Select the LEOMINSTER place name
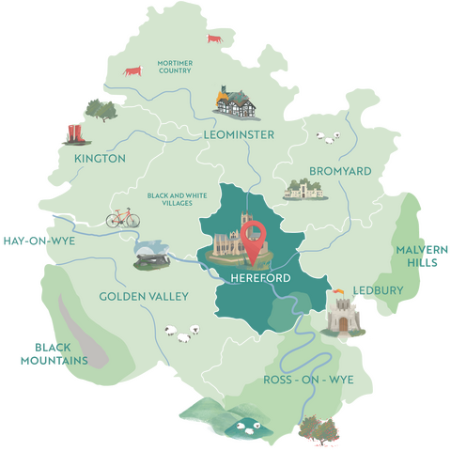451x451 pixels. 239,135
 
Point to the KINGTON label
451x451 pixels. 99,159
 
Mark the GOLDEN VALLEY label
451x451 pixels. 144,297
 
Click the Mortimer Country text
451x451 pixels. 175,67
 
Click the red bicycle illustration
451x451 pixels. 122,218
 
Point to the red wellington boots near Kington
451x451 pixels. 71,132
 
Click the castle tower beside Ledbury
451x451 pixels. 340,317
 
